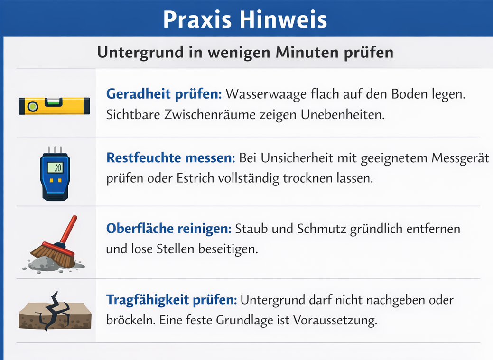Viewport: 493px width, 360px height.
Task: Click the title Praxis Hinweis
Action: (245, 19)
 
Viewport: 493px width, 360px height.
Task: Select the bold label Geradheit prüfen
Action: (164, 93)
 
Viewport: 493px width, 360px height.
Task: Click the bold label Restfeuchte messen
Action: (170, 157)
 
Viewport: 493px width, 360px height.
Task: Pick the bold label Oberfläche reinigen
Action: (168, 229)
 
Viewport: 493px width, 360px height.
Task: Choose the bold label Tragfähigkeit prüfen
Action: (171, 300)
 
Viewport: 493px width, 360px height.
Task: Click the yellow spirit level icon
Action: (54, 105)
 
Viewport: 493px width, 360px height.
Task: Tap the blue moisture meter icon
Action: (55, 173)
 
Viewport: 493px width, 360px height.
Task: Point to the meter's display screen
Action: (56, 167)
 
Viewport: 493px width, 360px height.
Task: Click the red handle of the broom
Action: (69, 229)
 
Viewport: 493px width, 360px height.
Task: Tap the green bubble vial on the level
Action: (53, 101)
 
